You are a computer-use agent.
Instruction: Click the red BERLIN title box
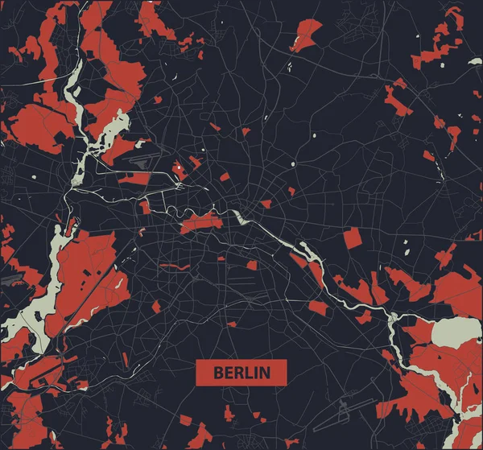(x=242, y=373)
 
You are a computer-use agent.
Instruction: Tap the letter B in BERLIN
(x=218, y=373)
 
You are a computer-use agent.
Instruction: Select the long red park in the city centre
(x=201, y=223)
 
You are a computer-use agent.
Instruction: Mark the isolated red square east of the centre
(x=352, y=238)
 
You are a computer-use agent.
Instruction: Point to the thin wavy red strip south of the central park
(x=175, y=266)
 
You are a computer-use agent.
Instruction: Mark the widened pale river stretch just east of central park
(x=240, y=217)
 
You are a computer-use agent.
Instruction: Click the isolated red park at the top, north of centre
(x=306, y=33)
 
